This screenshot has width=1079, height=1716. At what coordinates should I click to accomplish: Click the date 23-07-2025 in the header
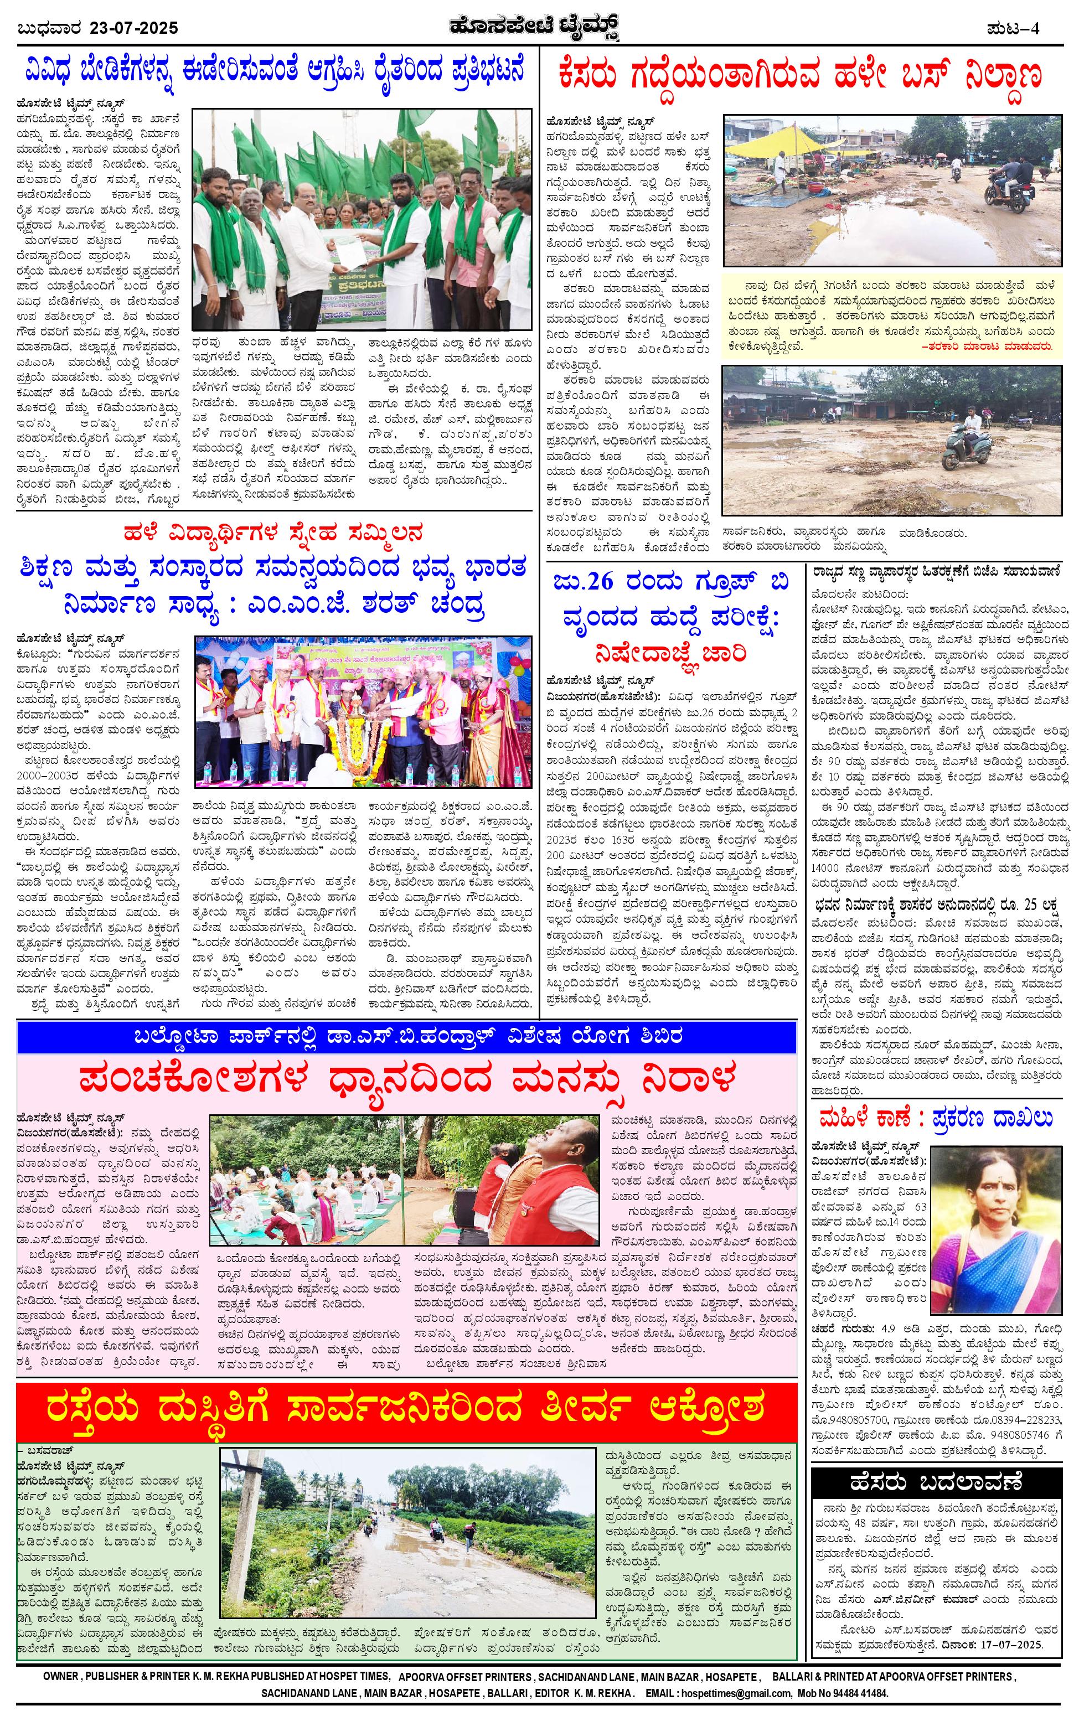[x=134, y=28]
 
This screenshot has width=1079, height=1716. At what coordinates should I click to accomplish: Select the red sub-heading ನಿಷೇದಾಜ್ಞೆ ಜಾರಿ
[x=672, y=652]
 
